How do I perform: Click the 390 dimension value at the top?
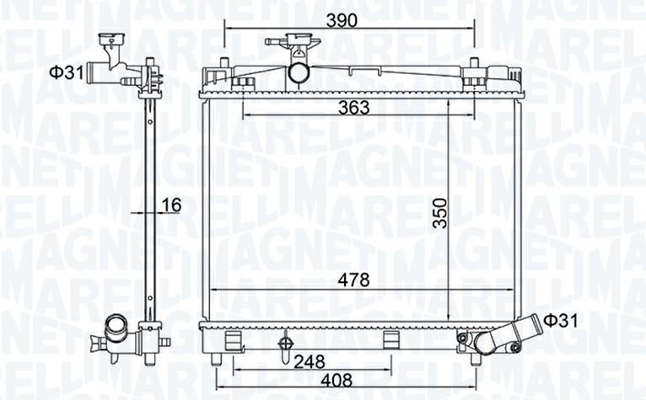[x=342, y=20]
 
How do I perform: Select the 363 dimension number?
[x=354, y=108]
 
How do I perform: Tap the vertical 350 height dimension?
[x=440, y=213]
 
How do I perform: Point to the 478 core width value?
[x=354, y=280]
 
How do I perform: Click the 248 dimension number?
[x=310, y=362]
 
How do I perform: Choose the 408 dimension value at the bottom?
[x=336, y=381]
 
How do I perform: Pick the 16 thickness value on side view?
[x=171, y=205]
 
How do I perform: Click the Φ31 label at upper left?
[x=67, y=72]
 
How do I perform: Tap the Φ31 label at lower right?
[x=561, y=321]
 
